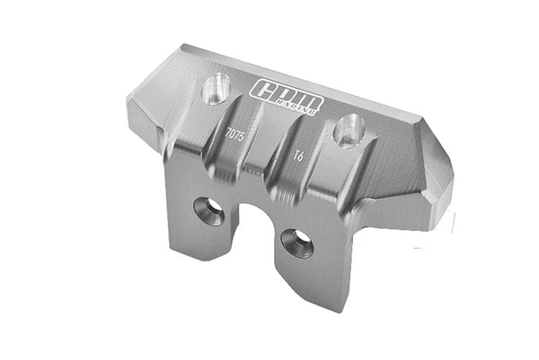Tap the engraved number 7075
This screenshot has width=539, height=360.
234,134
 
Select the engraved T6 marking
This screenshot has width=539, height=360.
298,154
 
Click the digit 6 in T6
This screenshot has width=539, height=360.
303,156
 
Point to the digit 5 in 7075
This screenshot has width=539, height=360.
242,136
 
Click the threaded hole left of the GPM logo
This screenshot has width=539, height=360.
216,89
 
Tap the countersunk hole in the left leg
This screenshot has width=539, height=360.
210,210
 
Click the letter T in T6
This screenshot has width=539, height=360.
295,154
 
